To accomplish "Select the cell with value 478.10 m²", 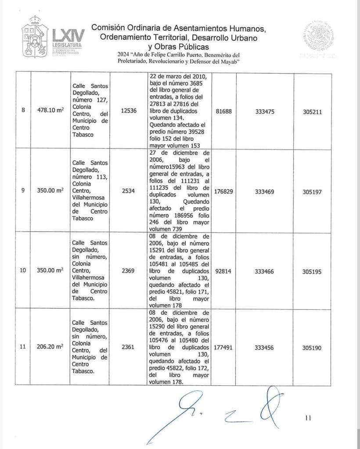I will tap(51, 111).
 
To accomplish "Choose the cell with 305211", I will tap(313, 111).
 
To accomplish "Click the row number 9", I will tap(23, 191).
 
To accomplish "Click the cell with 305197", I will tap(313, 191).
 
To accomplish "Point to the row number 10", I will tap(23, 271).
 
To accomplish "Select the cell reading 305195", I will tap(313, 271).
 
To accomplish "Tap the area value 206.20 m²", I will tap(51, 347).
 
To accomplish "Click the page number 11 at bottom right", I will tap(308, 418).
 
